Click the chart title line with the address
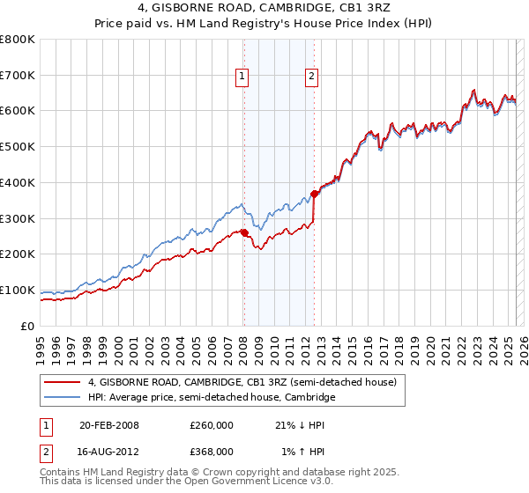(x=264, y=10)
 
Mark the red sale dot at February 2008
(x=244, y=232)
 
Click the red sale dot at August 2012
(x=315, y=194)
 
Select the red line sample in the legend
(x=63, y=382)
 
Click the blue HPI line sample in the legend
(x=63, y=397)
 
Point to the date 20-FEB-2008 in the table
(x=109, y=426)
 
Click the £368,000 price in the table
(x=211, y=451)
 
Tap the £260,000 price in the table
(x=211, y=426)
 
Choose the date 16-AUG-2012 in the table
(x=109, y=451)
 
